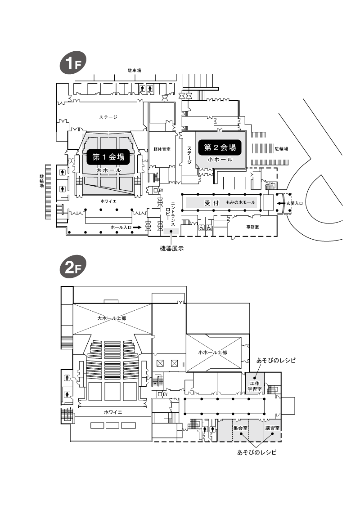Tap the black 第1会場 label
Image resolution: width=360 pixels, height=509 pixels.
(x=108, y=157)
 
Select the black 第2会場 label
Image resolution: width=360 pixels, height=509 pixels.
(x=220, y=147)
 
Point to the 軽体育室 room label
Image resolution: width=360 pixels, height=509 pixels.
(x=162, y=149)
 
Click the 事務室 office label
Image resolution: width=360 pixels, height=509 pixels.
(x=252, y=227)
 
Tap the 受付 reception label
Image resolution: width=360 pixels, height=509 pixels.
(x=211, y=203)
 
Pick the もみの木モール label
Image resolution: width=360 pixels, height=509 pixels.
(x=241, y=202)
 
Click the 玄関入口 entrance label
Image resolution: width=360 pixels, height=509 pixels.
(x=295, y=203)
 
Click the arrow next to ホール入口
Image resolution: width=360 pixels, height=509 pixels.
(x=137, y=228)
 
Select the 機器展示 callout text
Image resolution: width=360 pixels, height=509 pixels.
(x=172, y=248)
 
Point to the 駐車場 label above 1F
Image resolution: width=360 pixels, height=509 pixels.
(x=134, y=70)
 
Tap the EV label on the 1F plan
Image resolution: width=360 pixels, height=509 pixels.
(x=161, y=190)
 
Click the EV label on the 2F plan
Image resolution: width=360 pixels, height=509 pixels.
(x=165, y=394)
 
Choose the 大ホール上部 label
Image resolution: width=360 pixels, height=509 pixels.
(x=112, y=318)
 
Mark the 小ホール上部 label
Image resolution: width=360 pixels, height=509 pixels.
(x=213, y=352)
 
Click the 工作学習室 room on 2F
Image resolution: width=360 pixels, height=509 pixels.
(x=255, y=386)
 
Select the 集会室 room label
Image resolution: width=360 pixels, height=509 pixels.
(x=240, y=428)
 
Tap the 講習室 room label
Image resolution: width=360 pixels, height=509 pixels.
(x=272, y=428)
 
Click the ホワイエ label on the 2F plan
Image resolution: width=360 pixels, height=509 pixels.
(x=113, y=412)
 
